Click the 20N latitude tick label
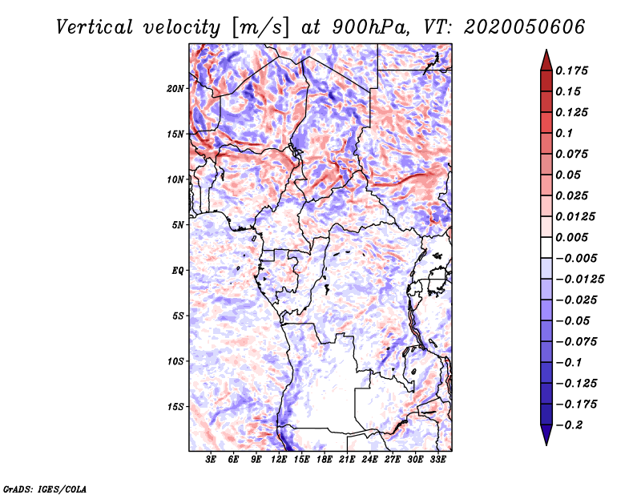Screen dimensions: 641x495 tap(175, 89)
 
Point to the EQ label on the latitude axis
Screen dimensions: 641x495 tap(177, 271)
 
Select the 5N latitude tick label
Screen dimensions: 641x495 tap(178, 225)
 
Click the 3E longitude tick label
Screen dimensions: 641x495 tap(211, 460)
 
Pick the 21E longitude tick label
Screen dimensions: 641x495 tap(347, 460)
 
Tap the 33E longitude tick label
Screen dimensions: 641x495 tap(437, 460)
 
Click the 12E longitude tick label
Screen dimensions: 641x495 tap(278, 460)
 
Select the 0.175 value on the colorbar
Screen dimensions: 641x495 tap(571, 70)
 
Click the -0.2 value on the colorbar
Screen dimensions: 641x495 tap(569, 425)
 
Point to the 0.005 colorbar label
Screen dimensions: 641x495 tap(571, 237)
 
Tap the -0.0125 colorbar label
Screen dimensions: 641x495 tap(579, 280)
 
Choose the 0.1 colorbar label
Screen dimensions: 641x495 tap(564, 133)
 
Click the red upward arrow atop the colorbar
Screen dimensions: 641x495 tap(546, 60)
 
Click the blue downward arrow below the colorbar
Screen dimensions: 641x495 tap(546, 435)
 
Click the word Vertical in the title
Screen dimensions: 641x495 tap(95, 27)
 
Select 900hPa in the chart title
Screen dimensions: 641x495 tap(370, 27)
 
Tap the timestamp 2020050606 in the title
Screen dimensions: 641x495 tap(525, 27)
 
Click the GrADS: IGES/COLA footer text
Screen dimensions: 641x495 tap(45, 489)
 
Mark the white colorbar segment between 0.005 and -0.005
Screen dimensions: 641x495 tap(546, 247)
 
